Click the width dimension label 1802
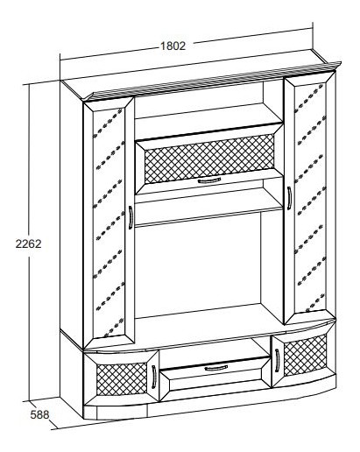tap(173, 46)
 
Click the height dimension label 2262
tap(28, 244)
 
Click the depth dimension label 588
tap(39, 414)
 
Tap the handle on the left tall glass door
tap(131, 217)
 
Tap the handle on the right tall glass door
tap(289, 198)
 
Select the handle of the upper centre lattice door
tap(209, 180)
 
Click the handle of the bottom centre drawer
tap(215, 368)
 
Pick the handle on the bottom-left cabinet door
tap(153, 377)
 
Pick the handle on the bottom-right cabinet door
tap(277, 360)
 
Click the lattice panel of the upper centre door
tap(209, 158)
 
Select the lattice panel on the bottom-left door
tap(122, 379)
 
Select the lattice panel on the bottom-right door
tap(305, 355)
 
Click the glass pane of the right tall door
tap(310, 199)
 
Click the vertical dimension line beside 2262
tap(29, 243)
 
